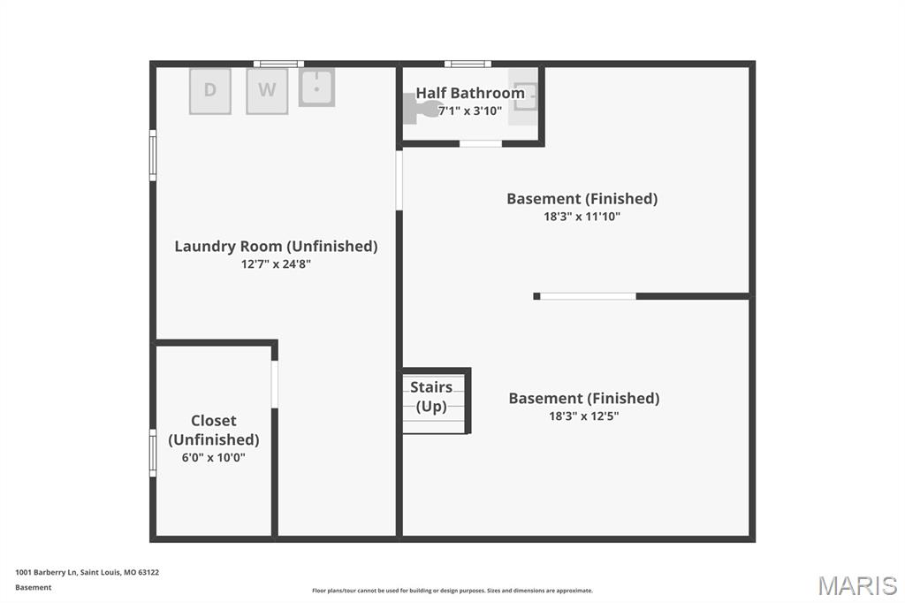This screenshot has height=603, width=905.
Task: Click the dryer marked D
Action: point(210,91)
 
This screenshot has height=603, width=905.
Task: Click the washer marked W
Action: point(267,91)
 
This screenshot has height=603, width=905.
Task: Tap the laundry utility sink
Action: point(316,88)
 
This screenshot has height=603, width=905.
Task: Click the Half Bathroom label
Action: point(470,93)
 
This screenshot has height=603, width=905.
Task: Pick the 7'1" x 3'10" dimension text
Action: point(470,111)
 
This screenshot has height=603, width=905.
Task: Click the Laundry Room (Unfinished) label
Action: point(276,247)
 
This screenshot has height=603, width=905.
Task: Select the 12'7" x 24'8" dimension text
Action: point(276,263)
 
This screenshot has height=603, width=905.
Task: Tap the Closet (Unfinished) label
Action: point(214,430)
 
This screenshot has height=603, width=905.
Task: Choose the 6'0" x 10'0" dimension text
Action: point(213,457)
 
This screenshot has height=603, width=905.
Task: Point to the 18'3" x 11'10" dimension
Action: point(582,216)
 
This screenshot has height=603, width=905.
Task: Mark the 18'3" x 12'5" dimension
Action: point(583,416)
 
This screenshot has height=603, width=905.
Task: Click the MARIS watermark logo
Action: point(857,585)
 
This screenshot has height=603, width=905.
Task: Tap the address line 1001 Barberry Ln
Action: point(87,572)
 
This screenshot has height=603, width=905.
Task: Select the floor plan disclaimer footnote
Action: point(452,591)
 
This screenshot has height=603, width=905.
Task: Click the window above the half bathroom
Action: point(468,64)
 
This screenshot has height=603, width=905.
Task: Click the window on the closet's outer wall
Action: point(153,453)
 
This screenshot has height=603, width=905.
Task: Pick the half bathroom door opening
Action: point(481,143)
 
